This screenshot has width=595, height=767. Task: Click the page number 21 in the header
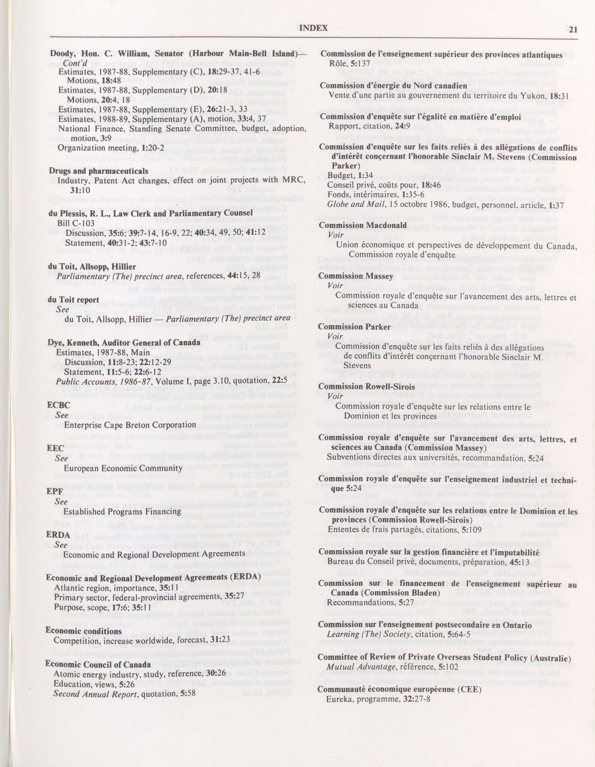[573, 30]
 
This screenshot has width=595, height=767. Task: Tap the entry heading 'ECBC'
[58, 405]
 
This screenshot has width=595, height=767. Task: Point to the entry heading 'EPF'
[55, 491]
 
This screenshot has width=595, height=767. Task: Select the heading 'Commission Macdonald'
[363, 225]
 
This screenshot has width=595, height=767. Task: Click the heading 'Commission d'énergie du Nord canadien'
[393, 86]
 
